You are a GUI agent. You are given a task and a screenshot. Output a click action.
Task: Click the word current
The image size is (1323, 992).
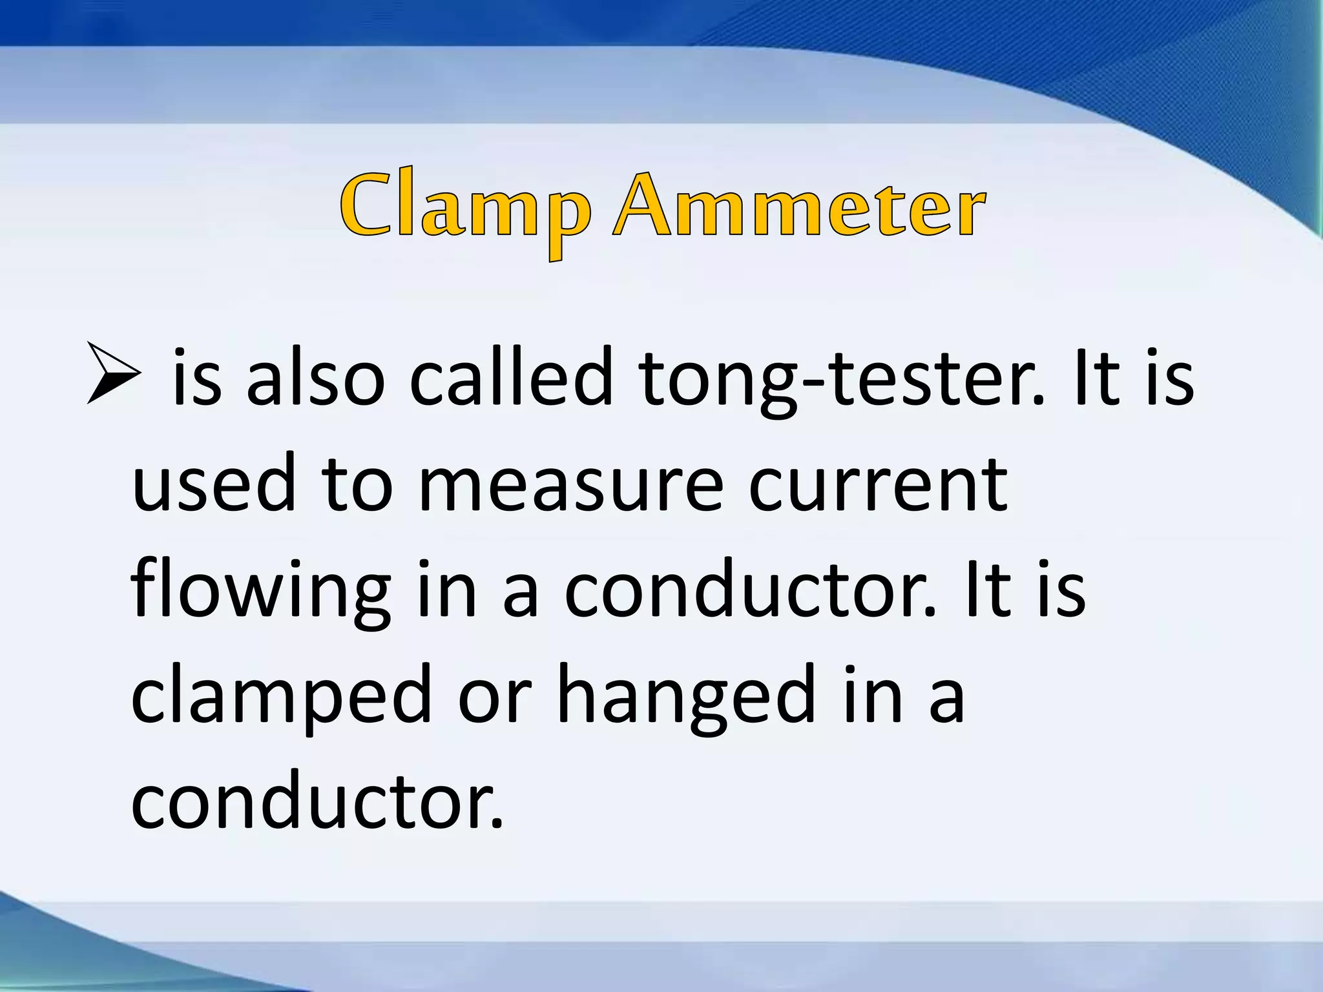click(878, 484)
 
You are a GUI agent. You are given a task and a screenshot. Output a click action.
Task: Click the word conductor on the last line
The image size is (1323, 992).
click(317, 801)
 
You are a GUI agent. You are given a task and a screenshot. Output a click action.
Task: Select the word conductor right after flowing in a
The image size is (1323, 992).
click(750, 590)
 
